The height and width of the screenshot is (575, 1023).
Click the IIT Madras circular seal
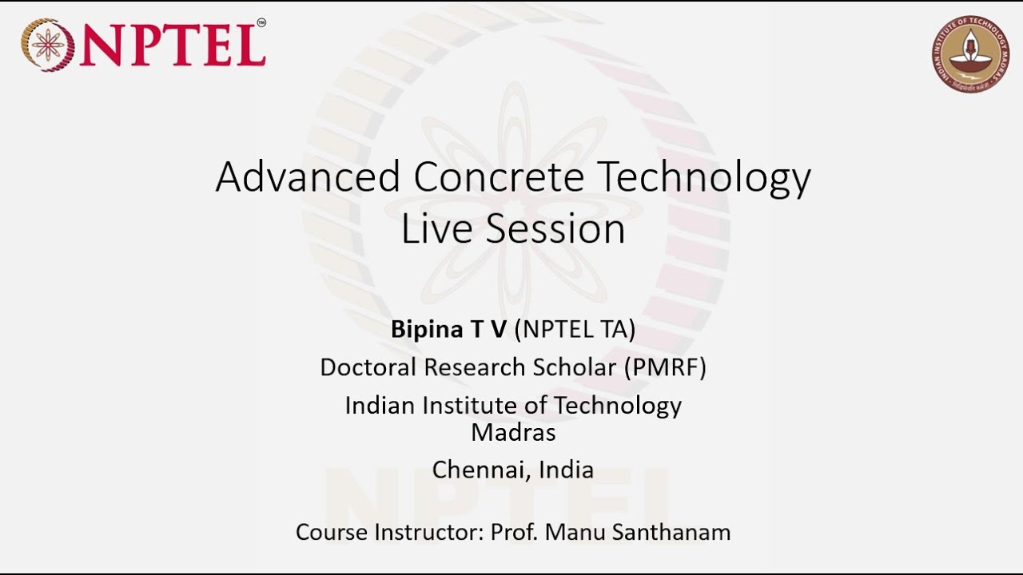(x=970, y=54)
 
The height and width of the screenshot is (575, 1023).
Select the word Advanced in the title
(x=308, y=176)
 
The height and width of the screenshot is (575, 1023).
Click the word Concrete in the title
(x=499, y=176)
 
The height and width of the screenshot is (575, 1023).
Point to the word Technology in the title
(x=705, y=178)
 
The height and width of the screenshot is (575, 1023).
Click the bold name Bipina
(x=427, y=330)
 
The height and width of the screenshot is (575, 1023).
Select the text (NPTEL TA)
(x=575, y=329)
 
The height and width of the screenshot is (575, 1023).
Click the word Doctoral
(x=368, y=367)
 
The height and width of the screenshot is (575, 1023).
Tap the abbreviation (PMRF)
(x=666, y=367)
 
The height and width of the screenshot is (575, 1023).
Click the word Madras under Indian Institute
(x=513, y=432)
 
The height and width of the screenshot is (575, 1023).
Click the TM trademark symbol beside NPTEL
(x=261, y=24)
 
